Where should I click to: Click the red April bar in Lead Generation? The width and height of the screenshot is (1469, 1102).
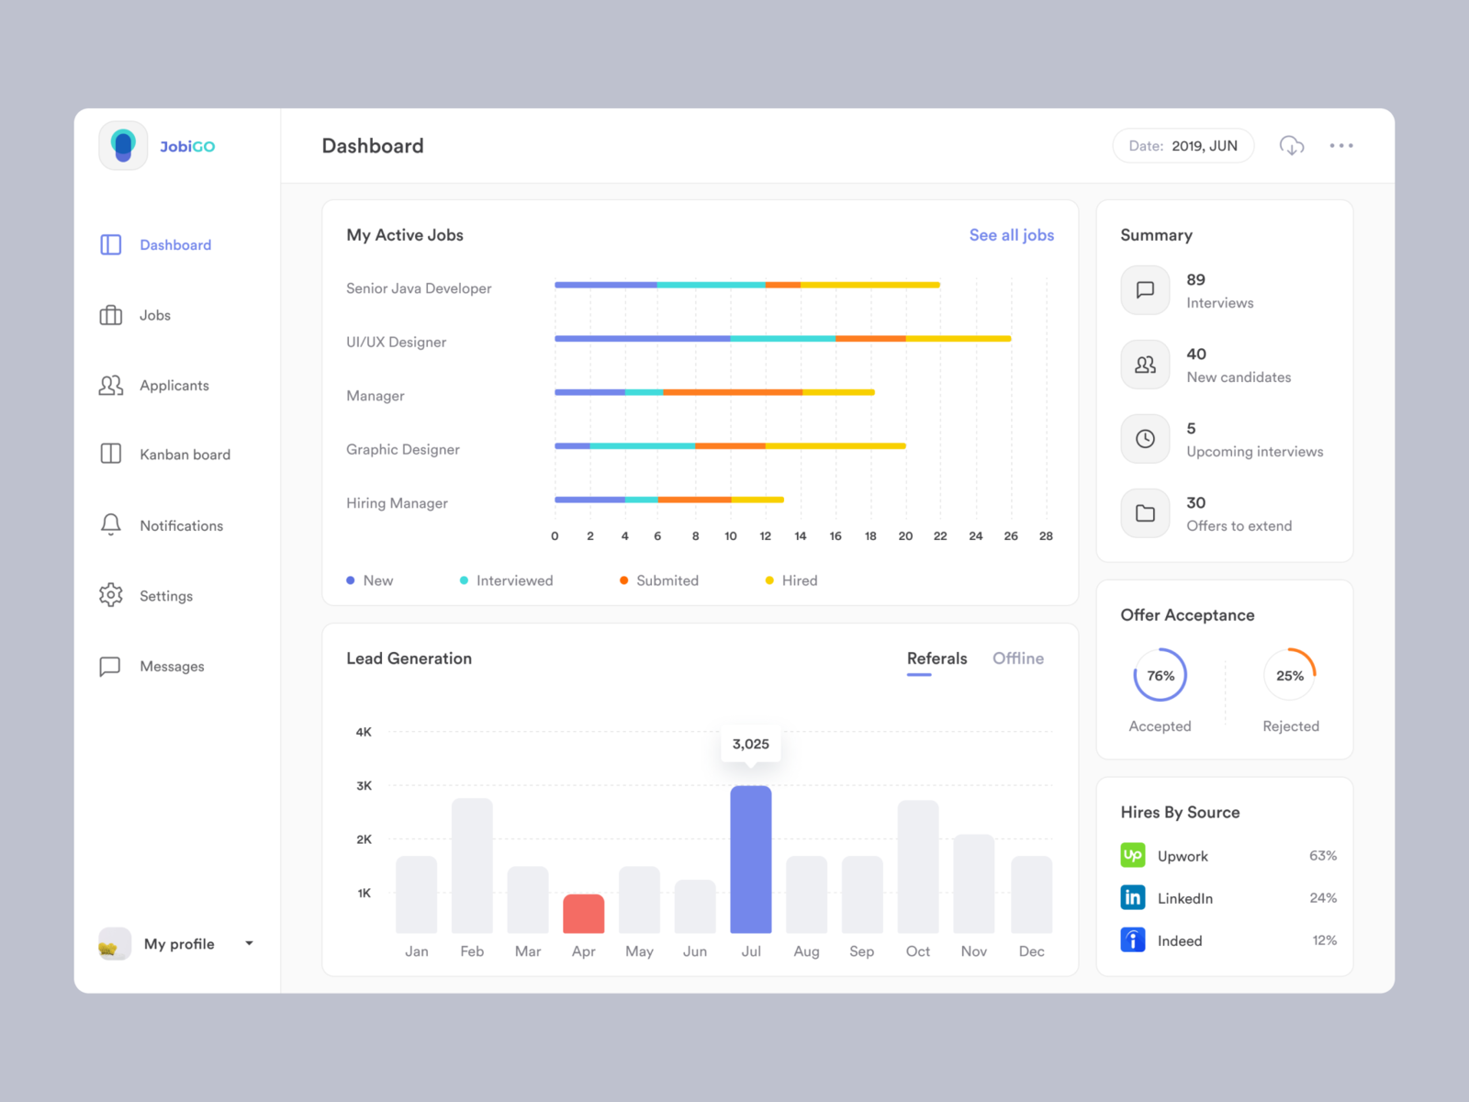click(583, 914)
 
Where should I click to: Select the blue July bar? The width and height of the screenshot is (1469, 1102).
click(750, 860)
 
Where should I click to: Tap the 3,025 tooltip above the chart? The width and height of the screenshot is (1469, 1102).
click(750, 744)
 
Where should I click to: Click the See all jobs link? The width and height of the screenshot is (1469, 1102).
click(1011, 235)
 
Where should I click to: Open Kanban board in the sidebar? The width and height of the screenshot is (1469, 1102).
click(184, 455)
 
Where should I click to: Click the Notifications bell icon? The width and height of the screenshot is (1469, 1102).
click(110, 524)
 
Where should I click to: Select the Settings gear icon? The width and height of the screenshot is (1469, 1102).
click(110, 595)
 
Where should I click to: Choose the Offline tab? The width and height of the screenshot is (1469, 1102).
click(1017, 658)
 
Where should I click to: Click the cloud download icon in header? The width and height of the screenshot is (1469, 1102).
click(1291, 146)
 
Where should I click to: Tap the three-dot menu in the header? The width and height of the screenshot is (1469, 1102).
click(1340, 146)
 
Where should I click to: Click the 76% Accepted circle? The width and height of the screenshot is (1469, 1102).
click(1160, 676)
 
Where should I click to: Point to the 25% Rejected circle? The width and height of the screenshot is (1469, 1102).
click(1289, 676)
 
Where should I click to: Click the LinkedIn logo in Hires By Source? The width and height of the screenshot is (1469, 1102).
click(1132, 897)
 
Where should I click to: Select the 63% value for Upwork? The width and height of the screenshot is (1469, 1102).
click(1322, 856)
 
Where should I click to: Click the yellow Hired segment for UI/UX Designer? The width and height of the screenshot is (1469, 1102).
click(958, 339)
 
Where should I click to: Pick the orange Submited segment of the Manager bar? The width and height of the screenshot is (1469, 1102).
click(732, 392)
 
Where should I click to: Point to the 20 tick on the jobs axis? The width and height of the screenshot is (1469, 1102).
click(905, 536)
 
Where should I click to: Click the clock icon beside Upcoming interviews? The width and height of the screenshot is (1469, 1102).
click(1145, 439)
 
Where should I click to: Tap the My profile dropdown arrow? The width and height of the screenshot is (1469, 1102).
click(249, 943)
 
